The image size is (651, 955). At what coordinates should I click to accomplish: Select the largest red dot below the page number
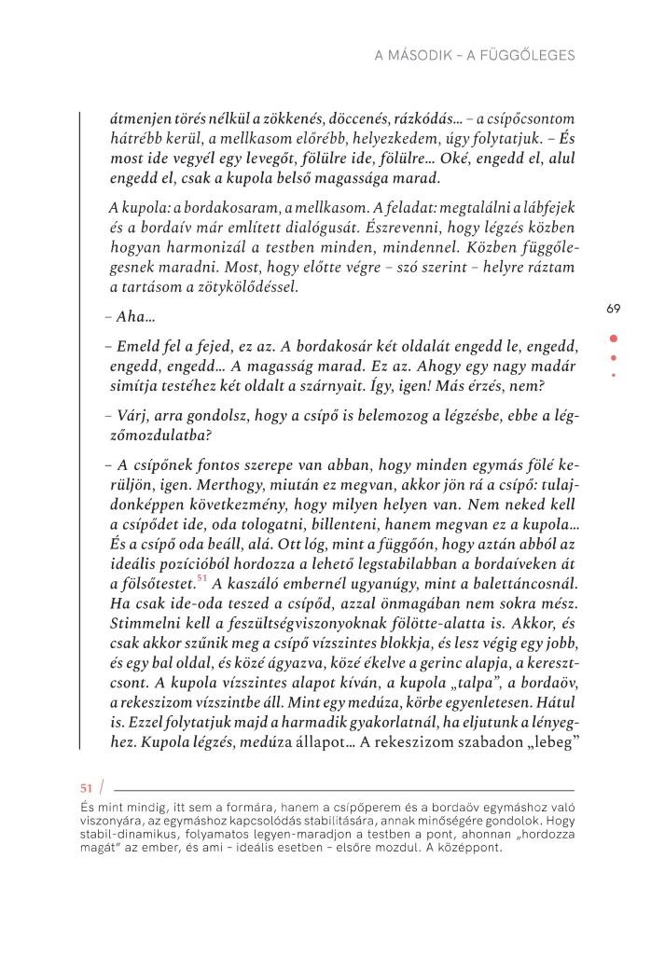tap(613, 339)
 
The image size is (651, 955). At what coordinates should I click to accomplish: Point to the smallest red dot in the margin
tap(613, 375)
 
